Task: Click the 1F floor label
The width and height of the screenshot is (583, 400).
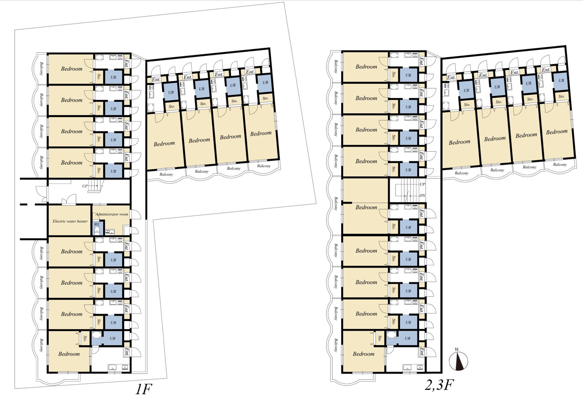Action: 143,389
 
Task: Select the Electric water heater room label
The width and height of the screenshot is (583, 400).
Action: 70,221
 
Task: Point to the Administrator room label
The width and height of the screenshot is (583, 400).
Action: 112,214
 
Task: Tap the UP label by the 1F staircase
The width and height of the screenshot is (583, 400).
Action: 85,186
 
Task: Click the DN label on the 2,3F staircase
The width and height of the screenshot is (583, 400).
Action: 422,195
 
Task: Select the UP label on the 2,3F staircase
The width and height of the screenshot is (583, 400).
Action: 422,184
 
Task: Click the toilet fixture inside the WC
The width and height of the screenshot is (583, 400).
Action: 97,230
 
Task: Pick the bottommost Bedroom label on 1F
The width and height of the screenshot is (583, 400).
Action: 69,354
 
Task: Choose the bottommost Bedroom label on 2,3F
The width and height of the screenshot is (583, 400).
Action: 364,354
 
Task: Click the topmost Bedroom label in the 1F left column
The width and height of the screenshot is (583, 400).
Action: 72,69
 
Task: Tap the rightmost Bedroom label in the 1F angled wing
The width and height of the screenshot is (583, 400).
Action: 261,134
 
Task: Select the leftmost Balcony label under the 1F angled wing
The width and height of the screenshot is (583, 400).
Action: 166,174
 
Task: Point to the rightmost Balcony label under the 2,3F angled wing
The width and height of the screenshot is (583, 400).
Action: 560,164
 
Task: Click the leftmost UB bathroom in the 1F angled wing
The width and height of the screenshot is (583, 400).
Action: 171,92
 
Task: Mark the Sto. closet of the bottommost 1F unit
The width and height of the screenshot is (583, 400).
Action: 85,338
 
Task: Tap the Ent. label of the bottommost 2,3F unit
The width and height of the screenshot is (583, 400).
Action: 421,352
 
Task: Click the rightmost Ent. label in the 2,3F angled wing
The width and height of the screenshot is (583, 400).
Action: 546,70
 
